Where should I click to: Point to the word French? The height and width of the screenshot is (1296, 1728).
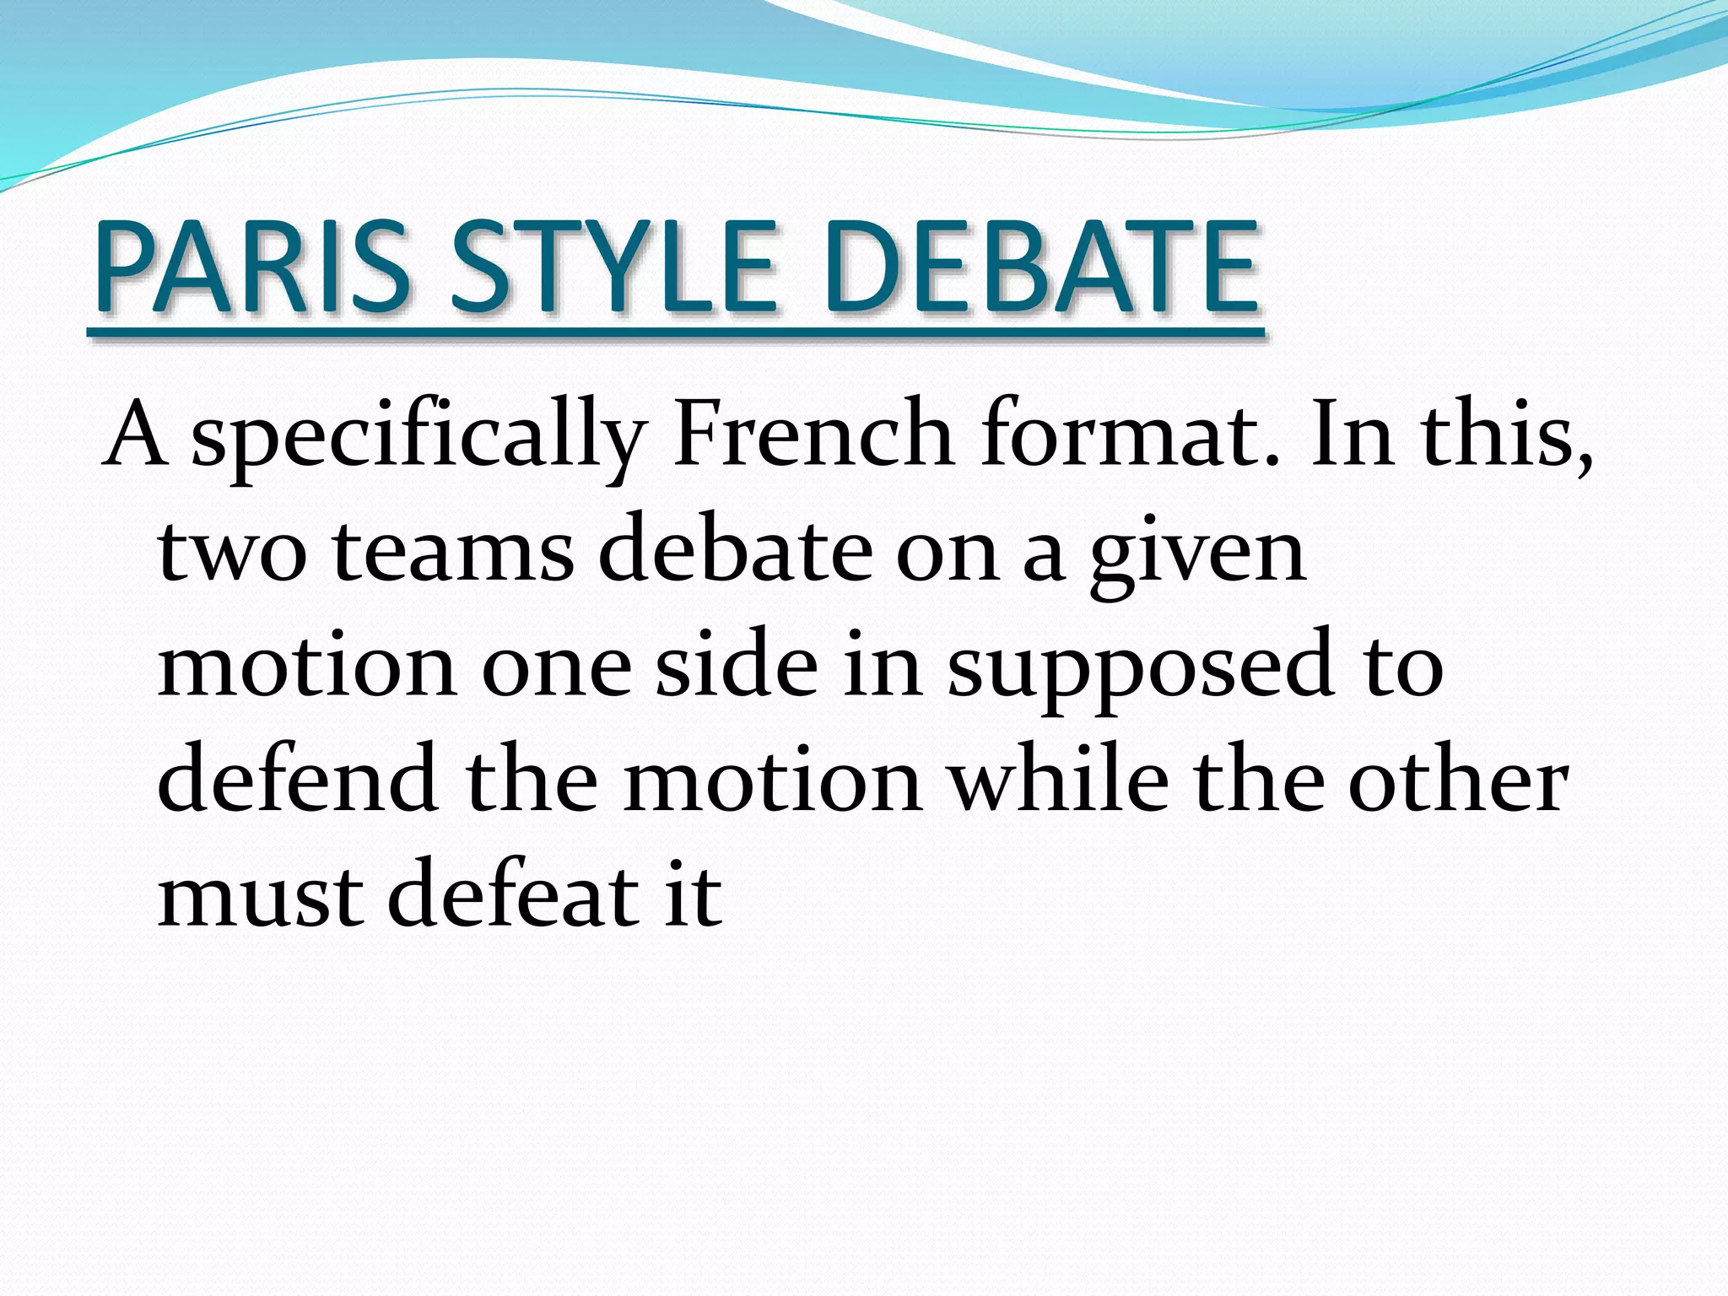813,435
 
